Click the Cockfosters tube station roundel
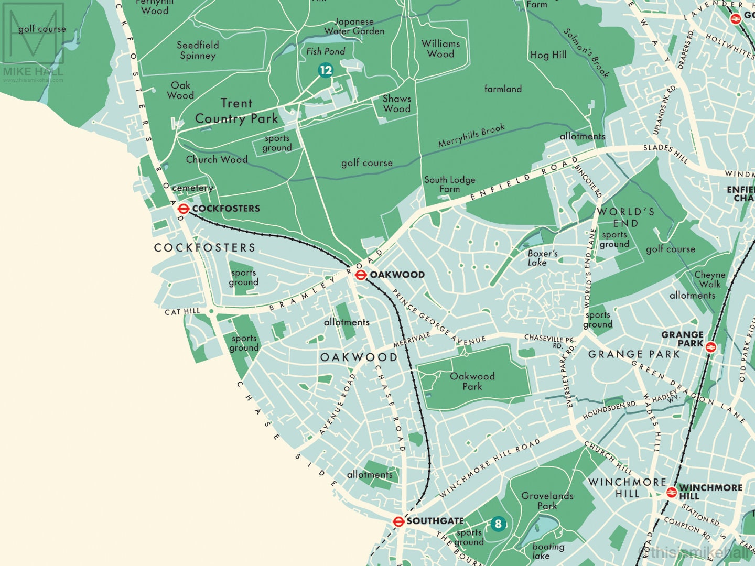[183, 209]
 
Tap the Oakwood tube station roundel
[361, 275]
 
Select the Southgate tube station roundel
[398, 521]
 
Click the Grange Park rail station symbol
[711, 346]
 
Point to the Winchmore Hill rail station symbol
[671, 492]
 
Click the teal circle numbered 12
[326, 70]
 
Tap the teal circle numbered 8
[498, 523]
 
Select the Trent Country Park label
[236, 111]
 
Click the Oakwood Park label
[472, 381]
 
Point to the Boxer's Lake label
[542, 258]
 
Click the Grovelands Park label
[547, 500]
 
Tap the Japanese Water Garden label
[354, 26]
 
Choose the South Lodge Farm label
[449, 184]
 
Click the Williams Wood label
[440, 49]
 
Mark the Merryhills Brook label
[471, 135]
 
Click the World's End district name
[625, 217]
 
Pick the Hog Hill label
[548, 55]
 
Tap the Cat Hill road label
[182, 311]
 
